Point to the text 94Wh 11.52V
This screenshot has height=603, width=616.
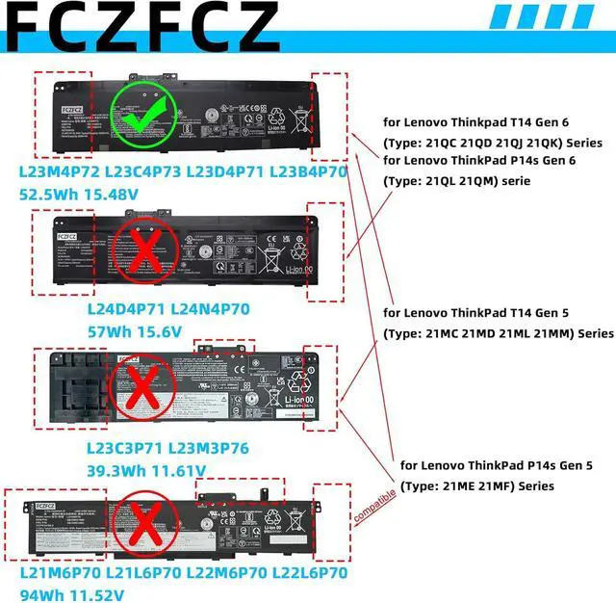[x=72, y=591]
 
